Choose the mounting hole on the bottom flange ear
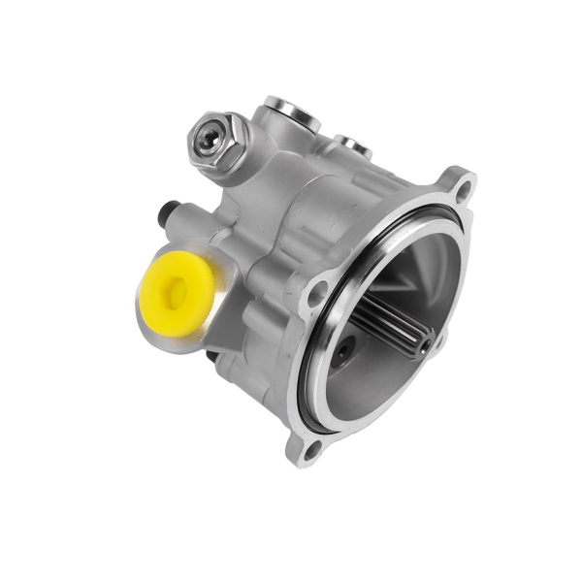pyautogui.click(x=310, y=448)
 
